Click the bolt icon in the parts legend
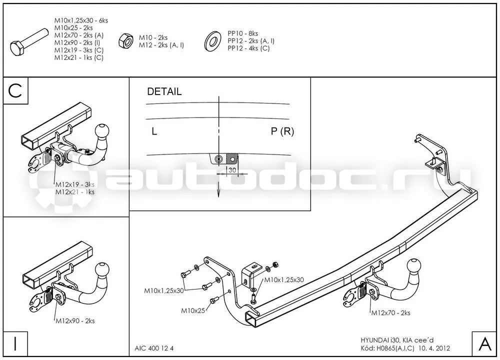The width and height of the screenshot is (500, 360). pyautogui.click(x=29, y=42)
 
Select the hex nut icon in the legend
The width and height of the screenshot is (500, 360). pyautogui.click(x=126, y=41)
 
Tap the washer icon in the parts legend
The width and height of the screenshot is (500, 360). pyautogui.click(x=213, y=41)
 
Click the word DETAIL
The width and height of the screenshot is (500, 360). pyautogui.click(x=164, y=92)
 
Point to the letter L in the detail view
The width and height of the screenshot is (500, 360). pyautogui.click(x=154, y=131)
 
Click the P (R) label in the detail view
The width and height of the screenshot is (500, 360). pyautogui.click(x=282, y=131)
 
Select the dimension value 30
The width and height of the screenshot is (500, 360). pyautogui.click(x=232, y=170)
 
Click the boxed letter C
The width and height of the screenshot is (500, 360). pyautogui.click(x=15, y=90)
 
